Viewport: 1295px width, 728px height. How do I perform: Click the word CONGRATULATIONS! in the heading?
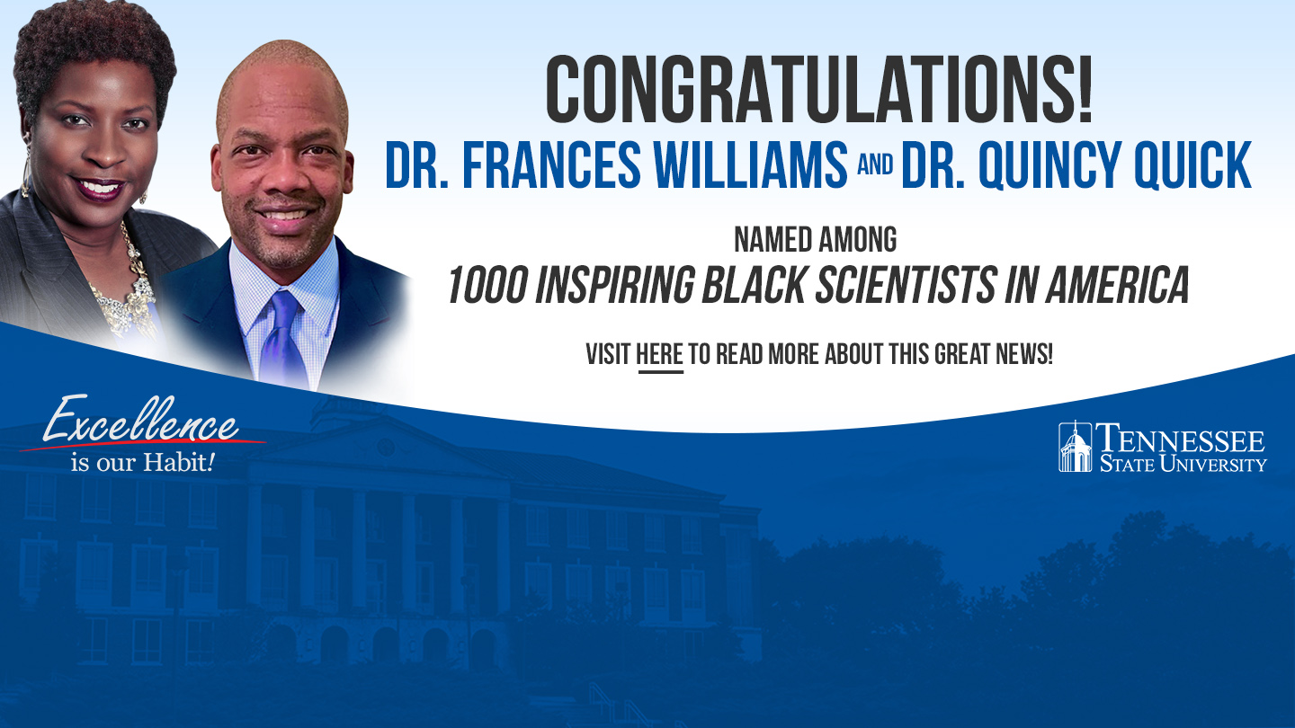(818, 90)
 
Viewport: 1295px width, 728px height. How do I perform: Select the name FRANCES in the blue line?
(551, 164)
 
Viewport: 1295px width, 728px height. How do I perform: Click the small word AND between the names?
(875, 164)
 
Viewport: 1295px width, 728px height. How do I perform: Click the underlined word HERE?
(660, 355)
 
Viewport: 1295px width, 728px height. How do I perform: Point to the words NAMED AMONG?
(815, 240)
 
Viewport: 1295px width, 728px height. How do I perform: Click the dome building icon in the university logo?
(1076, 447)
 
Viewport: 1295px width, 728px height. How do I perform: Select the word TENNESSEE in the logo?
(1180, 439)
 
